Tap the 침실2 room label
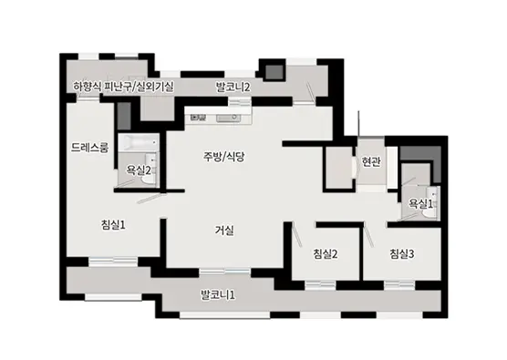[x=326, y=253]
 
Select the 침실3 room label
[x=401, y=253]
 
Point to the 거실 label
[x=224, y=230]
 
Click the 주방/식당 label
[x=224, y=156]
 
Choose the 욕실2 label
[x=139, y=170]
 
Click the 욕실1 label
[x=420, y=203]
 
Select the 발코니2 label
[x=233, y=87]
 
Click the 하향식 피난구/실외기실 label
[x=124, y=87]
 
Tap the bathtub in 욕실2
[x=140, y=144]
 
